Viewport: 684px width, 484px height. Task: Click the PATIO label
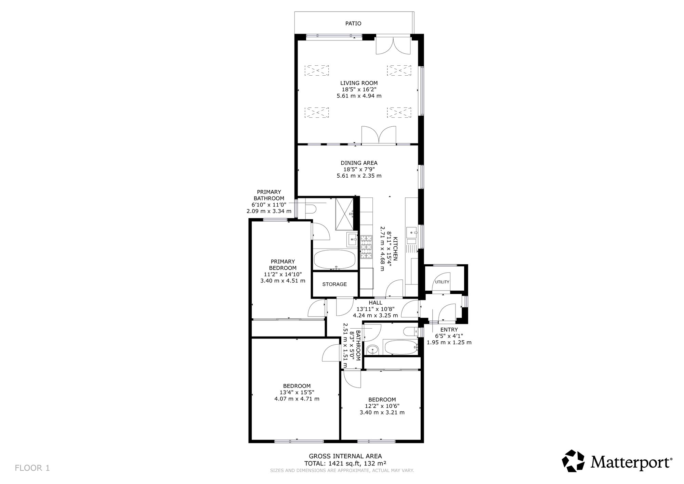pos(353,24)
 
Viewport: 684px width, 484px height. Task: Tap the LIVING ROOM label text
pos(359,83)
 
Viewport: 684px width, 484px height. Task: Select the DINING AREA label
pos(359,163)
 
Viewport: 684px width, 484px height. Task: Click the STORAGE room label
pos(334,284)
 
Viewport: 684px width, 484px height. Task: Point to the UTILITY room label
pos(442,282)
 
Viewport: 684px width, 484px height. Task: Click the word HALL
pos(375,303)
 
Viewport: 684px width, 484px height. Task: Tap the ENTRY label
pos(449,330)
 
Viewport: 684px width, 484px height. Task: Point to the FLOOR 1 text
pos(32,468)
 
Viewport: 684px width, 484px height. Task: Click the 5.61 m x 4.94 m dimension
pos(359,96)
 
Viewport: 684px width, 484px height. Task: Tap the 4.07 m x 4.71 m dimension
pos(297,399)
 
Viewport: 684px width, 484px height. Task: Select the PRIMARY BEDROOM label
pos(282,265)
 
